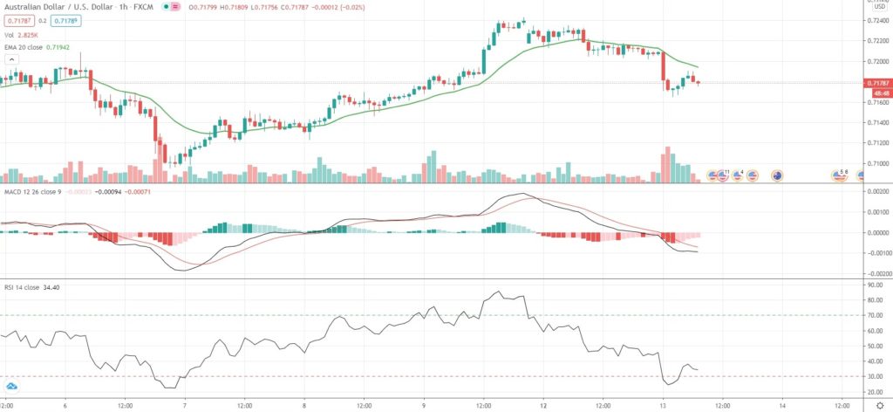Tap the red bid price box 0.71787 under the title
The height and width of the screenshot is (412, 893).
(x=19, y=20)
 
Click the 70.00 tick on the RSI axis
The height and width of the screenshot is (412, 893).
(x=874, y=315)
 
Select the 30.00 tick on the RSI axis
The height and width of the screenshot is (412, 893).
(x=874, y=376)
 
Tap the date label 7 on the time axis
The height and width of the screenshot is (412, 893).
(x=185, y=405)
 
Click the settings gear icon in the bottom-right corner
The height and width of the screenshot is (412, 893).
(x=879, y=405)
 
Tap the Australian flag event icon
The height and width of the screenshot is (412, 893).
(x=776, y=175)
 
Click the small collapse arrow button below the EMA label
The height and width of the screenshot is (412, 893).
(x=11, y=58)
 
